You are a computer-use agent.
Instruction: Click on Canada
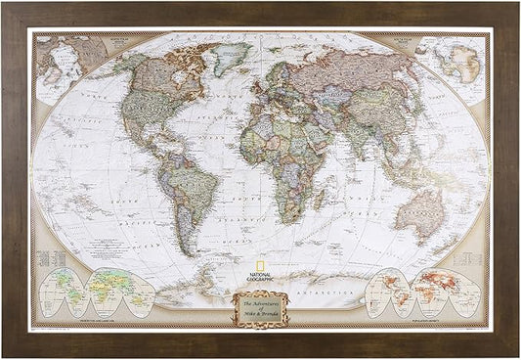pyautogui.click(x=161, y=73)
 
